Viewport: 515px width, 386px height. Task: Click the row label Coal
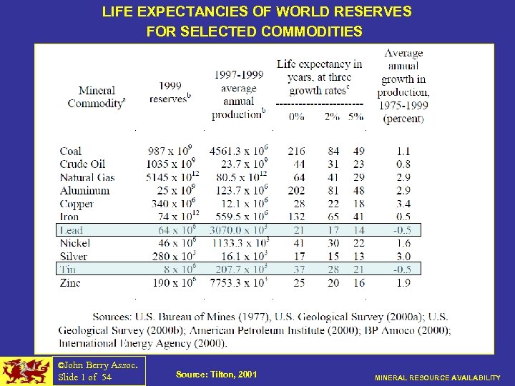point(71,151)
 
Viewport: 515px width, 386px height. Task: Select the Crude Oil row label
point(83,164)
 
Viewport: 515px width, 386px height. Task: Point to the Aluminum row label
point(84,190)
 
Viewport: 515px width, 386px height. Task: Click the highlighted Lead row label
point(72,230)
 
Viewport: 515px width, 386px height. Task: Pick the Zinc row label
point(70,282)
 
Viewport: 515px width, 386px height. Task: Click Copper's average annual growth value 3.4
point(403,204)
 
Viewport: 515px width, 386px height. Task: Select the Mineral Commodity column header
point(97,97)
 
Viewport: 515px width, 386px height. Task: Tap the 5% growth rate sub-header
point(355,117)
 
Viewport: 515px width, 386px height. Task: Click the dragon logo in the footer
point(26,371)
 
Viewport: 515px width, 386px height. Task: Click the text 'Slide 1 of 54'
point(84,377)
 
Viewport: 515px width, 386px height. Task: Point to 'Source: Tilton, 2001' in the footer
point(215,375)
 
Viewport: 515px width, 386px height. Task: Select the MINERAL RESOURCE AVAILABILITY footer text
point(438,377)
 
